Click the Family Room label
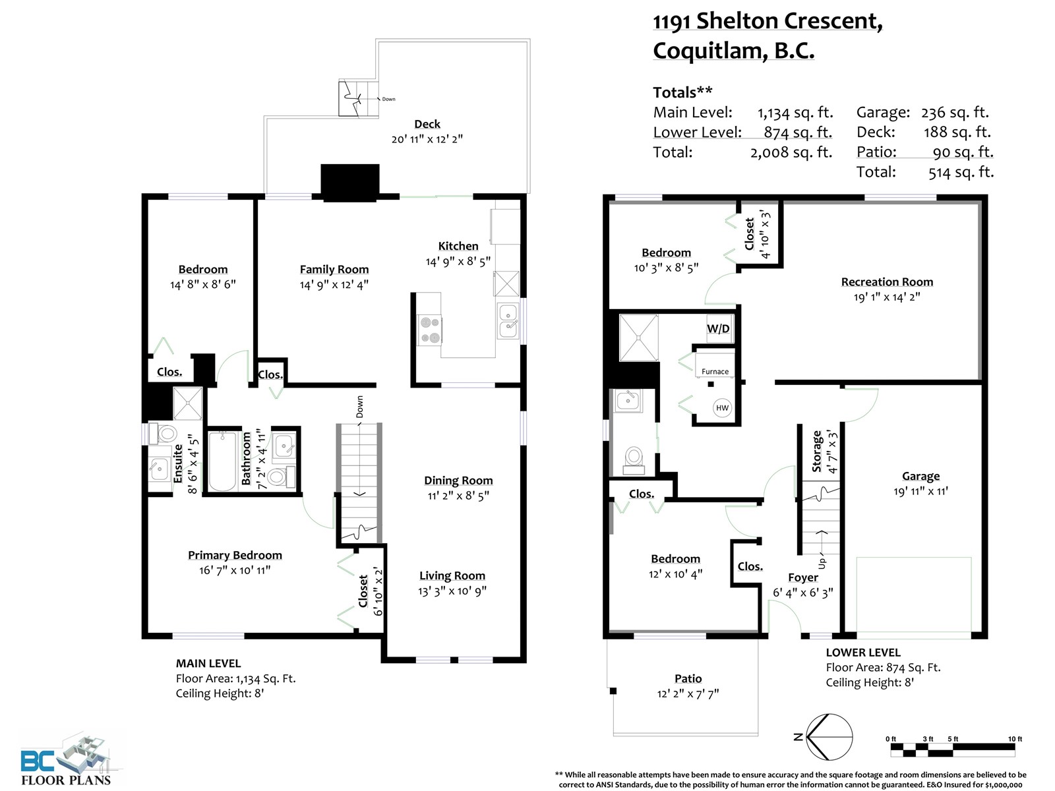(x=334, y=270)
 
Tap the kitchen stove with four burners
(x=431, y=330)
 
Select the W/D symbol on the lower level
(x=719, y=328)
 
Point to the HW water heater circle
(x=722, y=408)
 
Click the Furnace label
(x=715, y=371)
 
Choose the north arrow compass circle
(x=829, y=737)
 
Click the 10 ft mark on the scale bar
(x=1015, y=739)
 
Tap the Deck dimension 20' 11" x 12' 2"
(x=427, y=139)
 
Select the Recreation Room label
(x=887, y=282)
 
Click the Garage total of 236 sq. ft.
(x=955, y=112)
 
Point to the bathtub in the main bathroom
(x=222, y=461)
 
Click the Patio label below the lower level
(x=688, y=678)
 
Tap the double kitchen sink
(x=508, y=321)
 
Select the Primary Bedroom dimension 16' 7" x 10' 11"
(x=235, y=570)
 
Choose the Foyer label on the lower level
(x=802, y=577)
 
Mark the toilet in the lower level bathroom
(x=634, y=459)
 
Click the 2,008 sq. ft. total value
(x=791, y=152)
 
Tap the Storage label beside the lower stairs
(x=816, y=452)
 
